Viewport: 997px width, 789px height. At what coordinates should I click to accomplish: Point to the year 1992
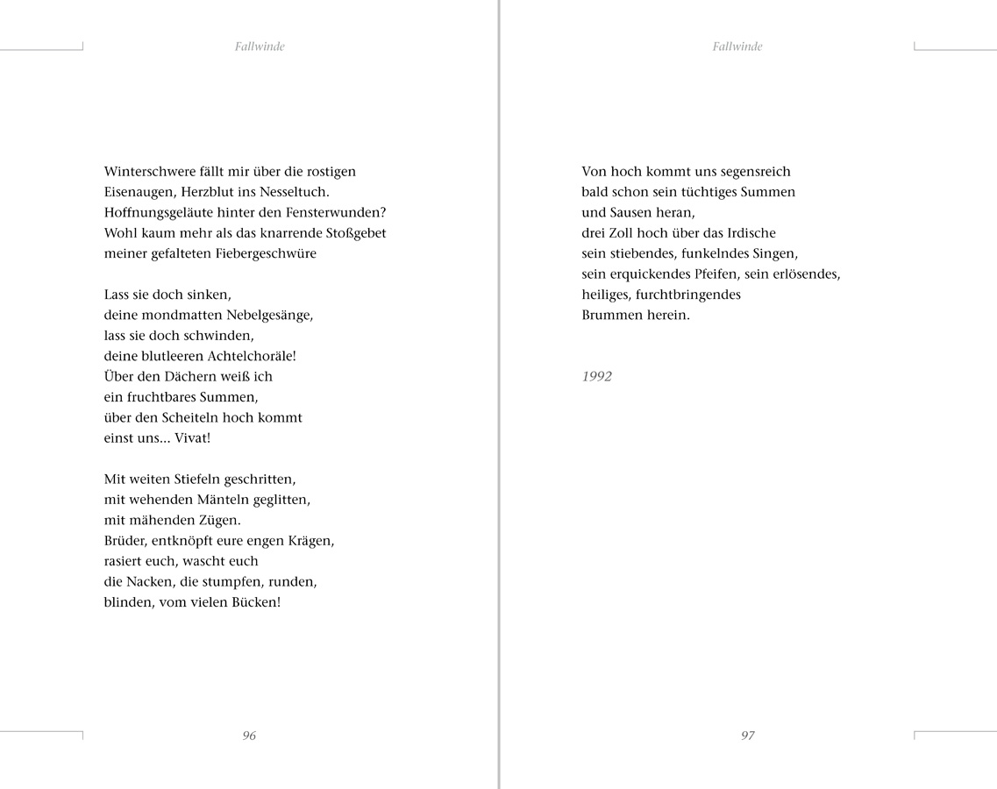(597, 377)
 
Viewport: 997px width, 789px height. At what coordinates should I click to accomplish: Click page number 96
(249, 736)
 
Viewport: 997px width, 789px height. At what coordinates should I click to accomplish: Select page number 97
(747, 736)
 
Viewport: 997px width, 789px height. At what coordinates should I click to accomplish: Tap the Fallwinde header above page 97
(737, 47)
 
